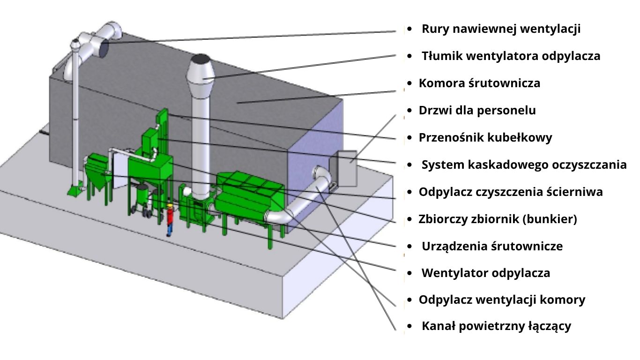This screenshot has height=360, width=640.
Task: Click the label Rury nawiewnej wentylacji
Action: [x=501, y=29]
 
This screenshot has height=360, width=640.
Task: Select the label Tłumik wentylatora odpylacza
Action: [x=511, y=56]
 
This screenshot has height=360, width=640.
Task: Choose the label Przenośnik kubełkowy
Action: [x=485, y=138]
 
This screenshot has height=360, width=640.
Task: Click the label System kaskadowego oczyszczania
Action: [x=524, y=165]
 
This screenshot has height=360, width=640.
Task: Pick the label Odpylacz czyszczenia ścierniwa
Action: [x=511, y=192]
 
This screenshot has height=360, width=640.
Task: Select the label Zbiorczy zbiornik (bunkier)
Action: [x=498, y=219]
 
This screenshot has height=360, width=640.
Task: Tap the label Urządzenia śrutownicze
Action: [x=492, y=247]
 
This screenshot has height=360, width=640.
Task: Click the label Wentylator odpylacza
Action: [x=486, y=273]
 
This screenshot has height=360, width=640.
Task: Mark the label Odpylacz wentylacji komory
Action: [x=502, y=300]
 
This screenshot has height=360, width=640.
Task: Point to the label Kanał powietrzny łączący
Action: [x=496, y=327]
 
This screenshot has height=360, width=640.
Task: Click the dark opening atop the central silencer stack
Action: [x=201, y=59]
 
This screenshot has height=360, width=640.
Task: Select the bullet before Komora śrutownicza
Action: [x=409, y=83]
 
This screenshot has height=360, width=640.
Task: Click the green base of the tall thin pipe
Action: [x=74, y=191]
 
